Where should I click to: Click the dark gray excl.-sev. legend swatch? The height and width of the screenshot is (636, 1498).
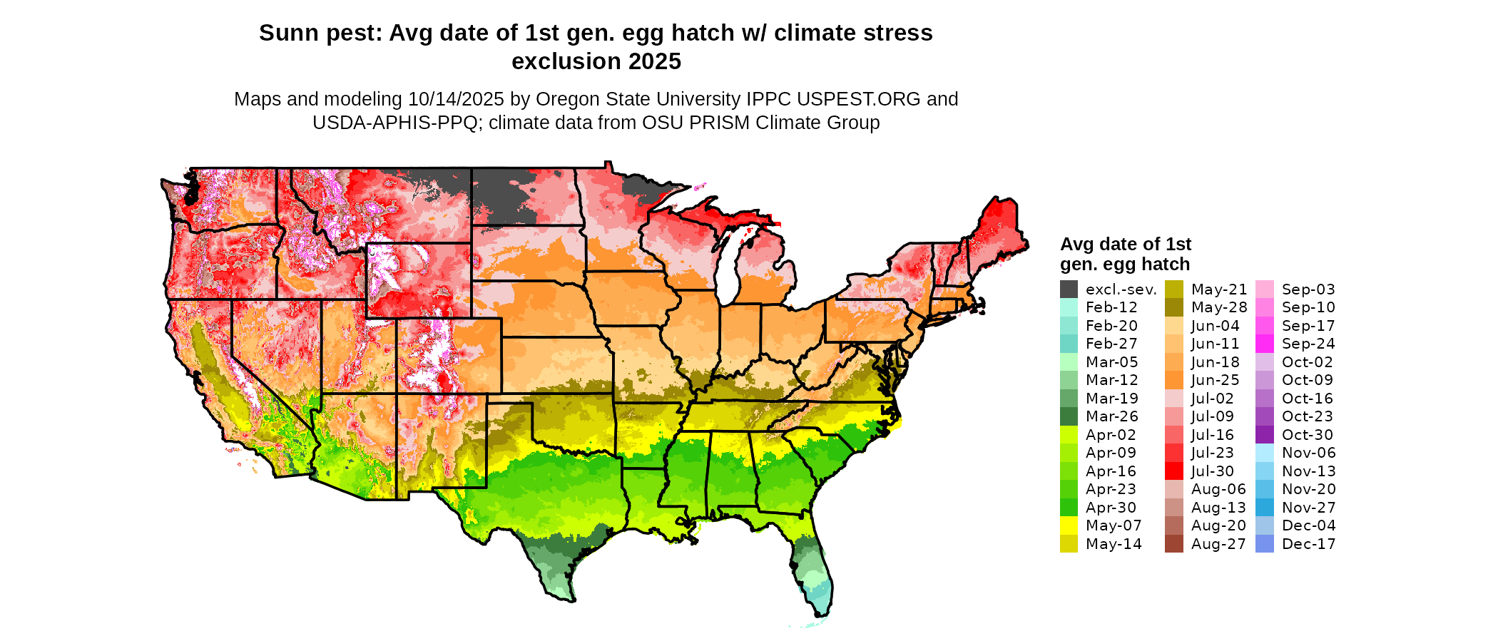click(x=1069, y=289)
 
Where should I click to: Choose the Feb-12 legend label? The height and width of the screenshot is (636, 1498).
click(x=1111, y=307)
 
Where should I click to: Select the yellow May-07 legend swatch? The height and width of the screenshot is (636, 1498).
click(x=1069, y=525)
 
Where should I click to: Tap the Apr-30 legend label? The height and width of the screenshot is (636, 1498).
click(x=1111, y=508)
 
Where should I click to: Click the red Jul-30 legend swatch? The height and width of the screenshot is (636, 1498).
click(x=1173, y=471)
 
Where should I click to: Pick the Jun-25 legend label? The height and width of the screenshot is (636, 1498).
click(x=1216, y=380)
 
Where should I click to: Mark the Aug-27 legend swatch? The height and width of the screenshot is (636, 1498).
click(x=1173, y=544)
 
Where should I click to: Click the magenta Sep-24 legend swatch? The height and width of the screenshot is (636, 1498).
click(x=1264, y=344)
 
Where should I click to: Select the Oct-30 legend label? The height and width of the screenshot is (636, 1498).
click(x=1307, y=435)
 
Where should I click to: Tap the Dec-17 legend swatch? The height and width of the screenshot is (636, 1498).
click(x=1264, y=544)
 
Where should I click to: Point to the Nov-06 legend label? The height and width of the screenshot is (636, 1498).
click(x=1308, y=453)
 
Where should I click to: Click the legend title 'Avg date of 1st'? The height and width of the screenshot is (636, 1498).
click(x=1125, y=245)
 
